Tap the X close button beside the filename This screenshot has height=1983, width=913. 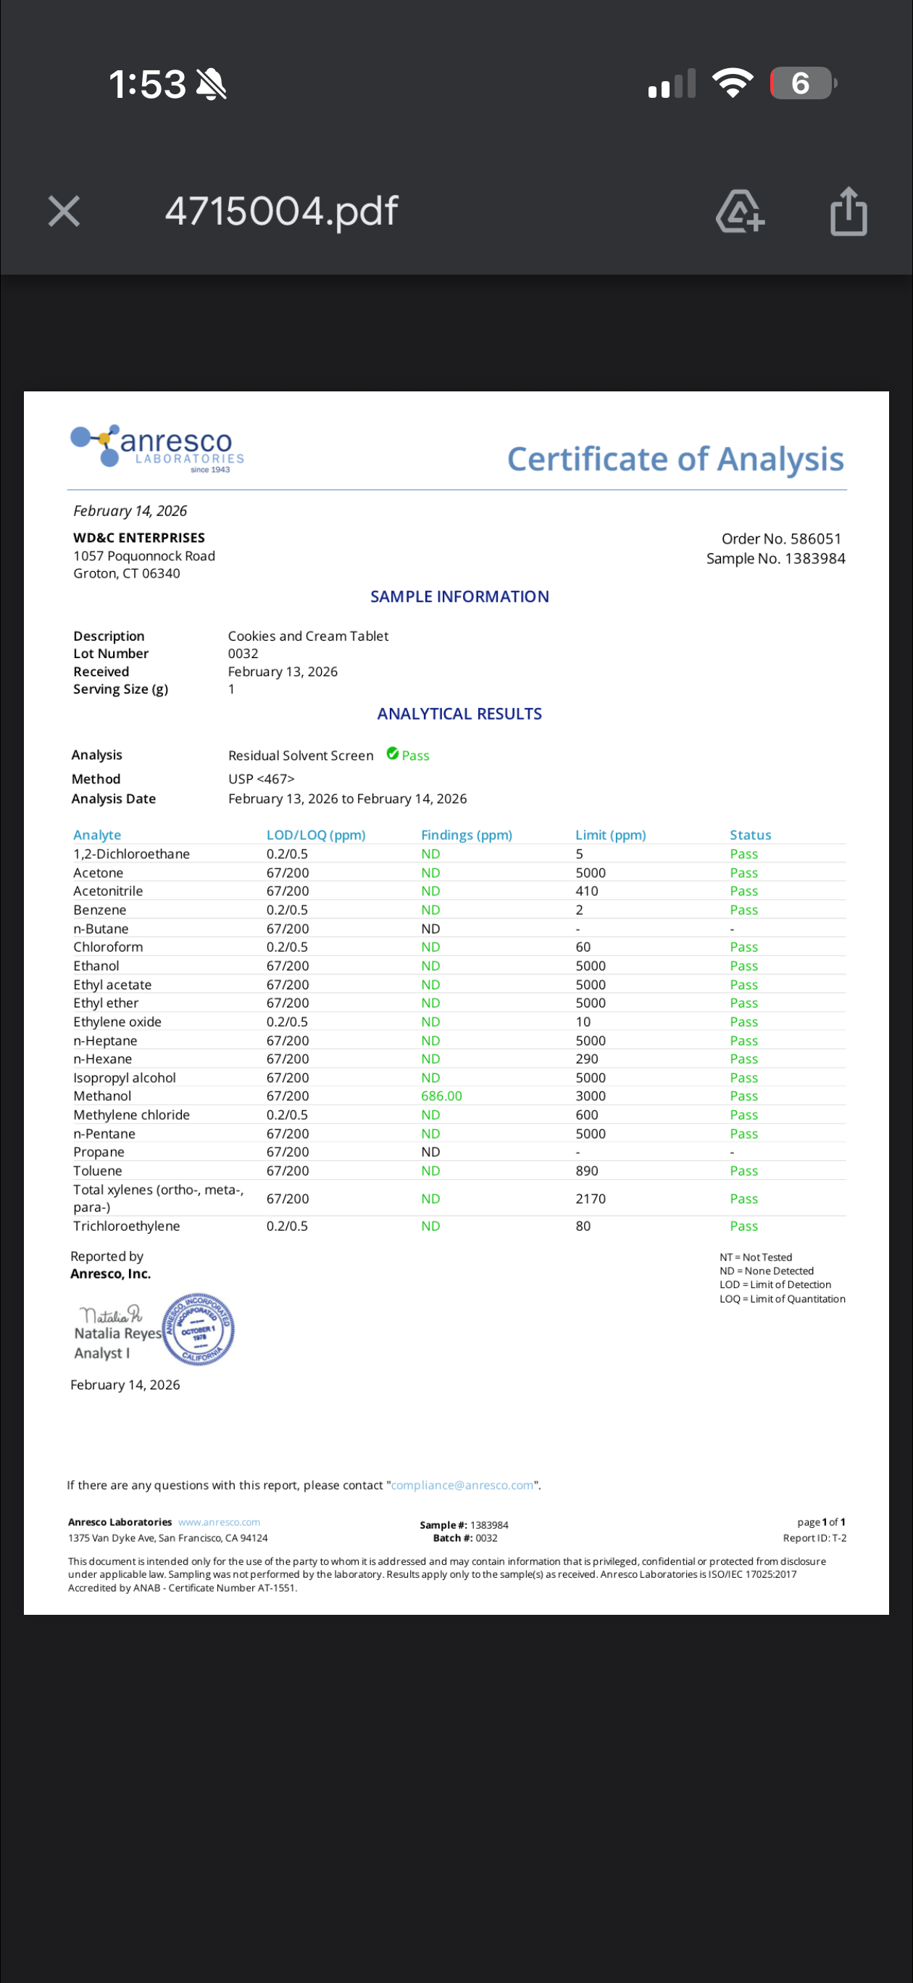[x=64, y=211]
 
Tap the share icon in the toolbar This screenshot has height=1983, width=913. [x=849, y=211]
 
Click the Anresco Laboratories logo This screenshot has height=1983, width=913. [x=158, y=447]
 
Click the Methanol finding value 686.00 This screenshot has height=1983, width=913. [x=441, y=1095]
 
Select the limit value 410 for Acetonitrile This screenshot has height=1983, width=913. [x=587, y=891]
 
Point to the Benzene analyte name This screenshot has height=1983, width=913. [x=99, y=910]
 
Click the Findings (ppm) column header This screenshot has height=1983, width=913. [x=466, y=834]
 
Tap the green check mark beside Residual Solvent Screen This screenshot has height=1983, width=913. [x=393, y=754]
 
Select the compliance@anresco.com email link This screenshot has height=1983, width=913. [x=462, y=1485]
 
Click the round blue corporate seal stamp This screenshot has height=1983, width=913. [x=199, y=1329]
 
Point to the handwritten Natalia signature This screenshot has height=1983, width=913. [x=111, y=1314]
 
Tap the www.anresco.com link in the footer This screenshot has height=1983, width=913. [x=219, y=1522]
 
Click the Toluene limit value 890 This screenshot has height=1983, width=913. [x=587, y=1171]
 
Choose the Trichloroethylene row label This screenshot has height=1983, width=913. [x=126, y=1226]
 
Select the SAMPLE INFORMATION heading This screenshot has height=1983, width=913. [x=459, y=596]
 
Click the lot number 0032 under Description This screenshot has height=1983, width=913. [x=243, y=654]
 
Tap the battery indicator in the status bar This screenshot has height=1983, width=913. [x=802, y=83]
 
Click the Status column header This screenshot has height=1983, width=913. [x=750, y=834]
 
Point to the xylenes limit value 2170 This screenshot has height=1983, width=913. [x=591, y=1199]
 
